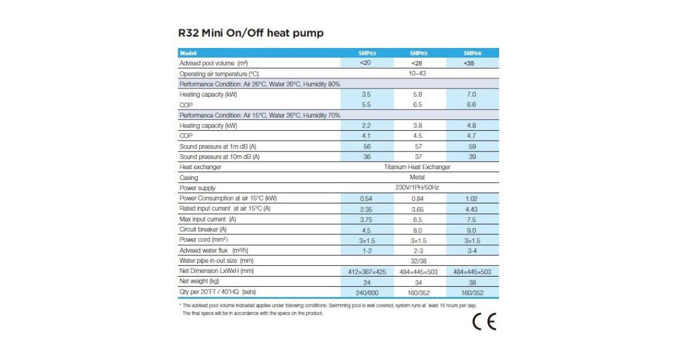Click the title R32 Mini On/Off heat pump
pyautogui.click(x=251, y=33)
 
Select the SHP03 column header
pyautogui.click(x=366, y=53)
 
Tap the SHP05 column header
pyautogui.click(x=418, y=53)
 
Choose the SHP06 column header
pyautogui.click(x=472, y=53)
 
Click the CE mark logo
pyautogui.click(x=484, y=322)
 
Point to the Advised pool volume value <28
pyautogui.click(x=417, y=63)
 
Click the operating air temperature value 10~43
pyautogui.click(x=417, y=74)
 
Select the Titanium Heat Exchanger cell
pyautogui.click(x=417, y=167)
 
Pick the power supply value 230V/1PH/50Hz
pyautogui.click(x=417, y=188)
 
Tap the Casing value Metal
pyautogui.click(x=417, y=178)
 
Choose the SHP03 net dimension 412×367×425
pyautogui.click(x=366, y=272)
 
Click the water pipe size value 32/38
pyautogui.click(x=417, y=261)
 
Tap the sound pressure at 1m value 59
pyautogui.click(x=472, y=146)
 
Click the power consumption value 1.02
pyautogui.click(x=472, y=199)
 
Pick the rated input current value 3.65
pyautogui.click(x=417, y=209)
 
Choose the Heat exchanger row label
pyautogui.click(x=200, y=167)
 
